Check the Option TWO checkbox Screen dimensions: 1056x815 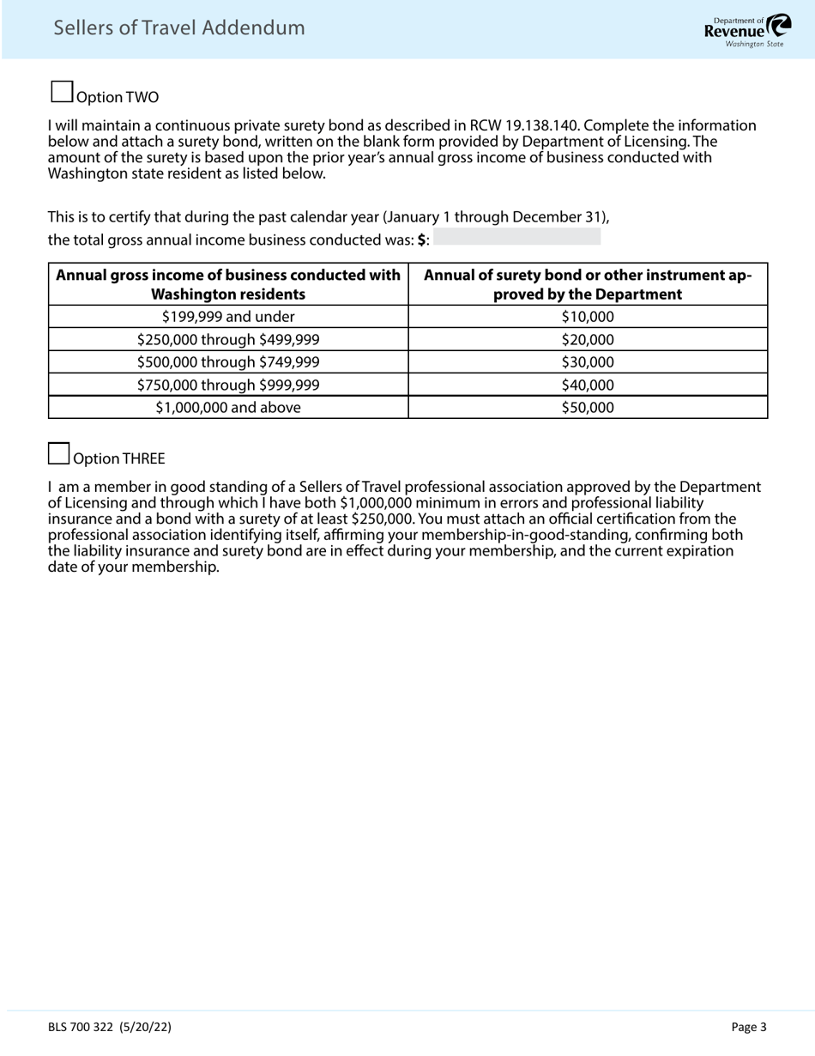coord(62,92)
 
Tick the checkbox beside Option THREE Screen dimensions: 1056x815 coord(58,453)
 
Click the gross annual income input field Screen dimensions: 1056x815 coord(516,238)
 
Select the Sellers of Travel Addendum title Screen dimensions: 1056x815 coord(179,28)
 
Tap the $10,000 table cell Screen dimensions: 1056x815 coord(588,317)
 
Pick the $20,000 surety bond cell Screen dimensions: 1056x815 coord(588,340)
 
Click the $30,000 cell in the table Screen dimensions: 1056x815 coord(588,362)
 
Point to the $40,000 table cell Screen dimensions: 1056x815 coord(588,385)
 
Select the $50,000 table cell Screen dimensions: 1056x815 coord(588,408)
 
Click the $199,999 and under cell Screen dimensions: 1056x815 coord(228,317)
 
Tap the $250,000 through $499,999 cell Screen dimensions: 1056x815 coord(228,340)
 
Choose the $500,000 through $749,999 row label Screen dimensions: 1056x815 coord(228,362)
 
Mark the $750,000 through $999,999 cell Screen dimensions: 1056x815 coord(228,385)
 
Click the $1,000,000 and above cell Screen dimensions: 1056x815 coord(228,408)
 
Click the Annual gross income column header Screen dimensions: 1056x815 coord(228,284)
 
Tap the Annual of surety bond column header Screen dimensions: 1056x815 coord(588,284)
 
